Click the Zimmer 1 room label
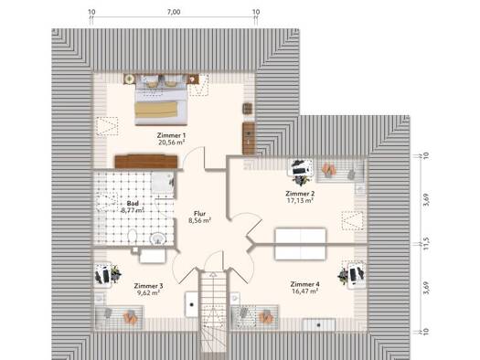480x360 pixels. click(171, 135)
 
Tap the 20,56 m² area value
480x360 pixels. click(171, 143)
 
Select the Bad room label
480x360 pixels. click(133, 203)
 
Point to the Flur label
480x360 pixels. click(199, 214)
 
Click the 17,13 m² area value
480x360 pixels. click(300, 201)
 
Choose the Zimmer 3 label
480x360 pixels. click(148, 286)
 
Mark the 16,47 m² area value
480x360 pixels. click(304, 291)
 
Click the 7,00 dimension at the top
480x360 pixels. click(174, 12)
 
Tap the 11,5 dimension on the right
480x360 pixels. click(426, 244)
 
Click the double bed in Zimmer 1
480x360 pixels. click(161, 100)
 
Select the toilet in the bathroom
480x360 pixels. click(133, 236)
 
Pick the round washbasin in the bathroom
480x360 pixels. click(158, 238)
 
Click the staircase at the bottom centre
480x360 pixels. click(214, 312)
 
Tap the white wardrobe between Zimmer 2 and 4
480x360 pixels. click(300, 244)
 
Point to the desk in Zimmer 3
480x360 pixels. click(102, 275)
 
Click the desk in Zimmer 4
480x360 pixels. click(356, 274)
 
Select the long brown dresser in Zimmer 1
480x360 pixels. click(146, 162)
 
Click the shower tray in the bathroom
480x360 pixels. click(162, 183)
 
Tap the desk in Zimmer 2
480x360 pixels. click(300, 167)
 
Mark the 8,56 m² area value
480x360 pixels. click(199, 220)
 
